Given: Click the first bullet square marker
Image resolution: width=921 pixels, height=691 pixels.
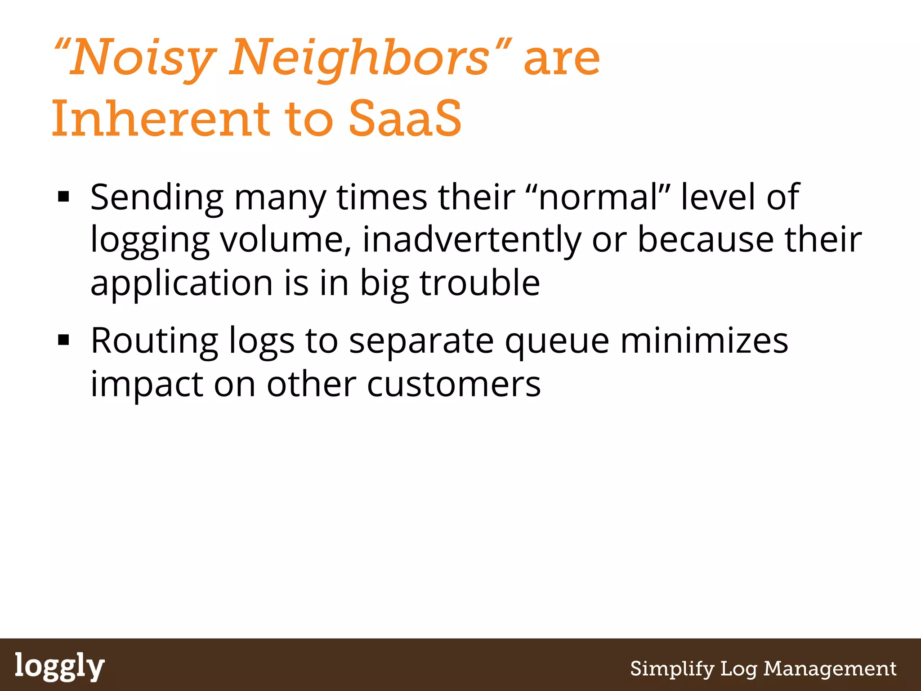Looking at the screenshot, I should pyautogui.click(x=63, y=197).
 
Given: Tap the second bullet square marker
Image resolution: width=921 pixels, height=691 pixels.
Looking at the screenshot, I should pyautogui.click(x=63, y=340).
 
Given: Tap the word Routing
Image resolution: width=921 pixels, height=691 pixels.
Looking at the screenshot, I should pyautogui.click(x=154, y=341).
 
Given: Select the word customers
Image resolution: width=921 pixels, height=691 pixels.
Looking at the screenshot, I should pyautogui.click(x=454, y=384).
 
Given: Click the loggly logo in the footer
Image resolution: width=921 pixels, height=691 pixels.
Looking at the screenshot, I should pyautogui.click(x=60, y=666).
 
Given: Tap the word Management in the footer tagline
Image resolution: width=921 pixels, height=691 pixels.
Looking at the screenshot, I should pyautogui.click(x=830, y=669).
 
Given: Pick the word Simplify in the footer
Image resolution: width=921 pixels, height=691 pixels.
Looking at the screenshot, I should pyautogui.click(x=672, y=669).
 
